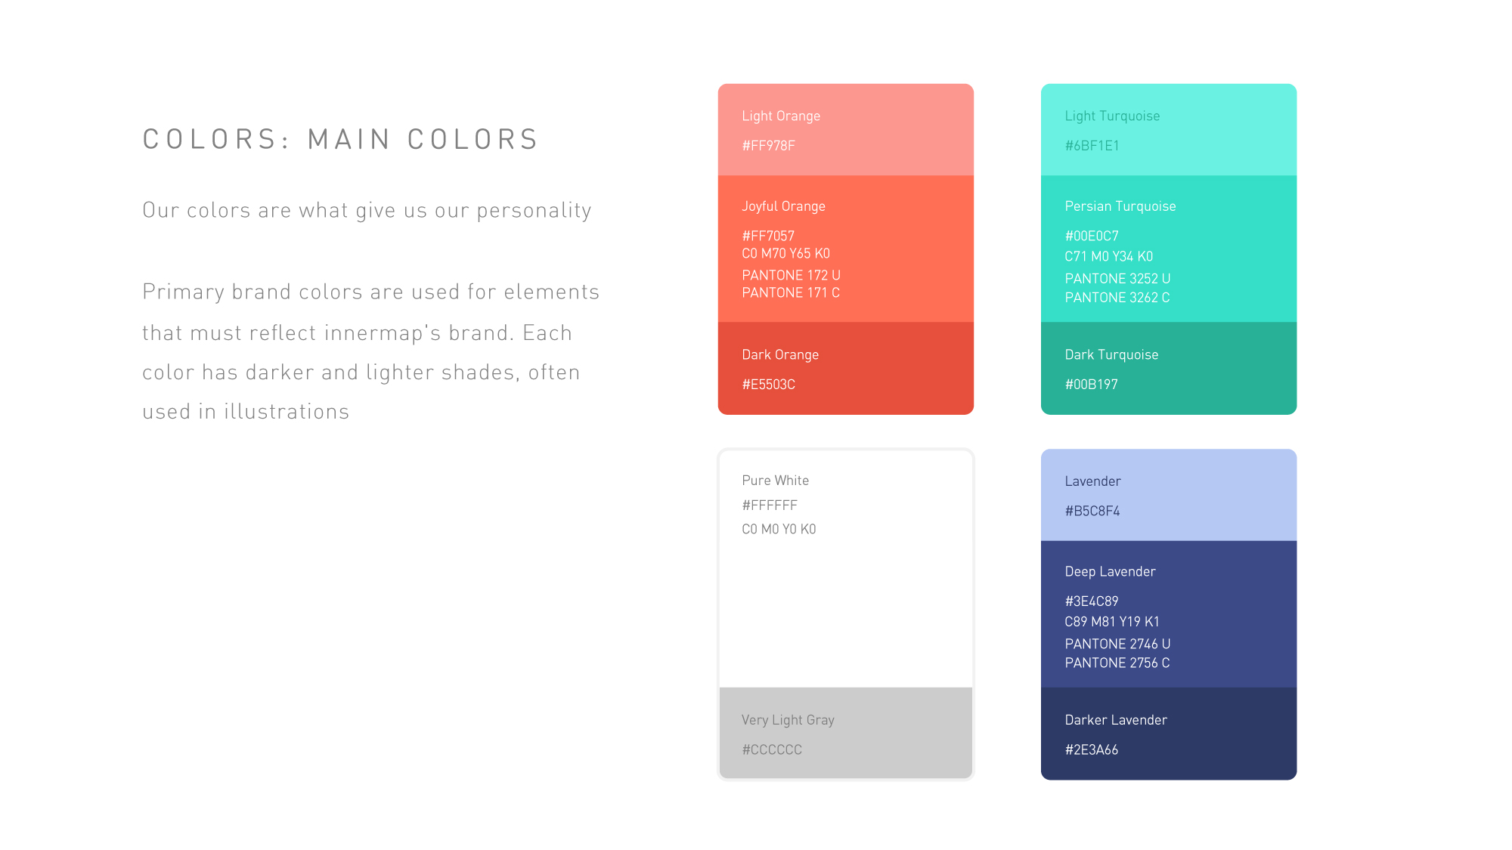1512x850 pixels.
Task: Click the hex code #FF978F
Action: (x=768, y=146)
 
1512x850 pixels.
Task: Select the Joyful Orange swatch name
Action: (x=783, y=206)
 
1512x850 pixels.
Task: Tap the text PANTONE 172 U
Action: (x=791, y=275)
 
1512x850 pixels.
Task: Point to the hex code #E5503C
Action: (x=768, y=385)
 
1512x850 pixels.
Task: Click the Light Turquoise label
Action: (x=1112, y=116)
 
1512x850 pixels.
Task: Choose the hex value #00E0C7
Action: (x=1092, y=236)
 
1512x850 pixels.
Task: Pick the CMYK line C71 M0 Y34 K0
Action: (x=1108, y=256)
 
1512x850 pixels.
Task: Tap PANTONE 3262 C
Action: (x=1117, y=298)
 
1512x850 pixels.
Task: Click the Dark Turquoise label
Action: (x=1111, y=355)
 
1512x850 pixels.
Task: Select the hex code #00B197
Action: (x=1091, y=385)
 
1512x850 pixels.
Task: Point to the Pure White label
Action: (x=775, y=481)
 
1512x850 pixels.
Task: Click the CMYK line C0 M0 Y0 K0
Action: (x=779, y=529)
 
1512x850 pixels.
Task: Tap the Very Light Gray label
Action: (x=788, y=720)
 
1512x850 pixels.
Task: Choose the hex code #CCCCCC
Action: (x=772, y=750)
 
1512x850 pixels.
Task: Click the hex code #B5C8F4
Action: (x=1092, y=511)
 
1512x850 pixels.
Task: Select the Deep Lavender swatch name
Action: (x=1110, y=572)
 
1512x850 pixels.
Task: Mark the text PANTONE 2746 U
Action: (x=1117, y=644)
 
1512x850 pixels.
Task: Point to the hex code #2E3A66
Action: (x=1091, y=750)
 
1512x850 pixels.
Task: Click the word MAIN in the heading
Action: (x=349, y=140)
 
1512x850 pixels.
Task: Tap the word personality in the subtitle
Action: (x=534, y=211)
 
